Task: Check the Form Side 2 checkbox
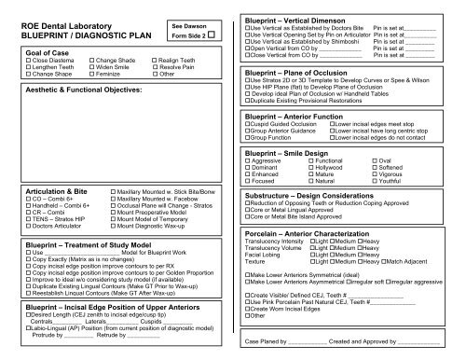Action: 212,37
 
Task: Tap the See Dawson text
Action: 193,27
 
